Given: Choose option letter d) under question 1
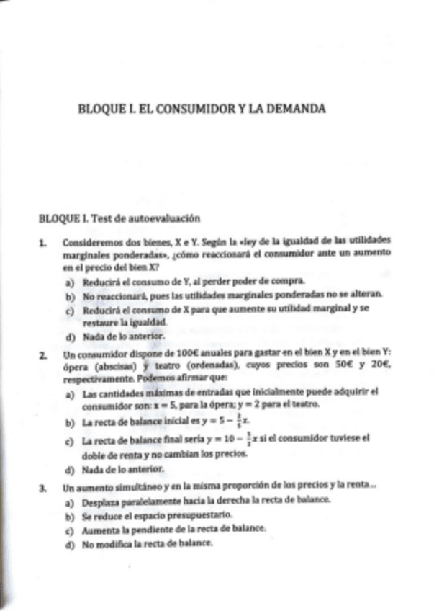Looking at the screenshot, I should click(x=70, y=336).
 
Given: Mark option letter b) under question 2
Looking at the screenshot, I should click(x=70, y=422).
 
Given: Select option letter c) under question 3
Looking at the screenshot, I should click(x=70, y=530).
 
